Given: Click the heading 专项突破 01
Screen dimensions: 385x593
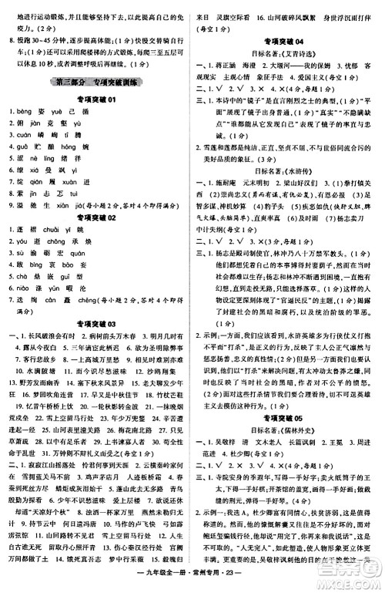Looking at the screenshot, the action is (x=95, y=100).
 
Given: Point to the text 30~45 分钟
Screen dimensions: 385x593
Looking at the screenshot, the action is (x=43, y=35).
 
